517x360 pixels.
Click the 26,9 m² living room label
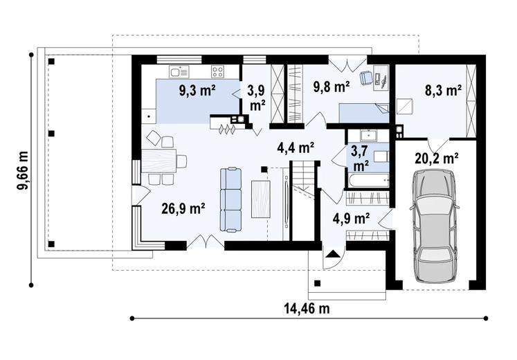coord(183,208)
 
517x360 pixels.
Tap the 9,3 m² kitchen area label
coord(197,91)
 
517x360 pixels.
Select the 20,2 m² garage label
coord(437,159)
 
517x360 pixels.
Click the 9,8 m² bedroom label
coord(331,87)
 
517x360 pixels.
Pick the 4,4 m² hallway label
coord(295,147)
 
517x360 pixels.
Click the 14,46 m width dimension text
coord(307,309)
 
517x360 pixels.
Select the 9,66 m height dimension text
coord(23,171)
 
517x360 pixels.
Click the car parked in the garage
coord(434,226)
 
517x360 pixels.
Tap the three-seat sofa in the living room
coord(230,199)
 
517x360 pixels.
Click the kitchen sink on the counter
coord(179,71)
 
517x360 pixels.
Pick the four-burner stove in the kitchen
coord(217,71)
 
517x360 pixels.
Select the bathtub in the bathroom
coord(368,180)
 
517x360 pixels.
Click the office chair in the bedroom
coord(365,78)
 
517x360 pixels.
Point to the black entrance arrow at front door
coord(333,254)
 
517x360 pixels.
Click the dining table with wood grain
coord(160,161)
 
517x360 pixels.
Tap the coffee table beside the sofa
coord(261,199)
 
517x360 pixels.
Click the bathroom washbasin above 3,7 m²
coord(367,136)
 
